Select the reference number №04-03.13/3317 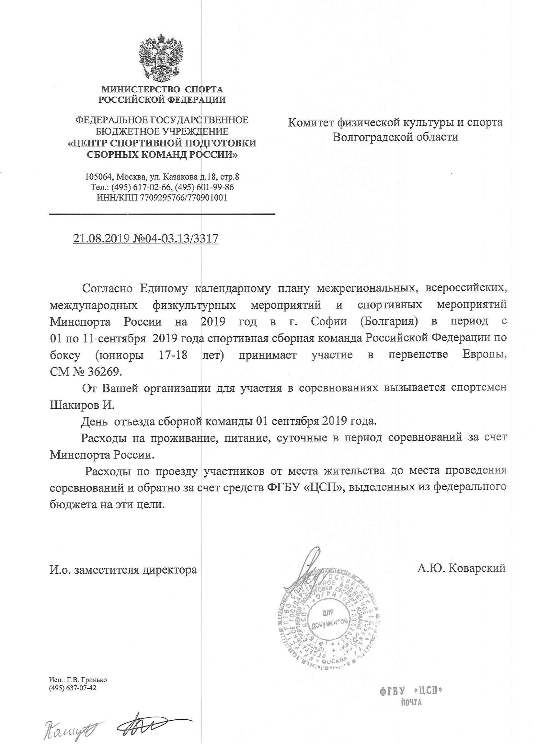(x=176, y=238)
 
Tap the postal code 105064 (x=98, y=177)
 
